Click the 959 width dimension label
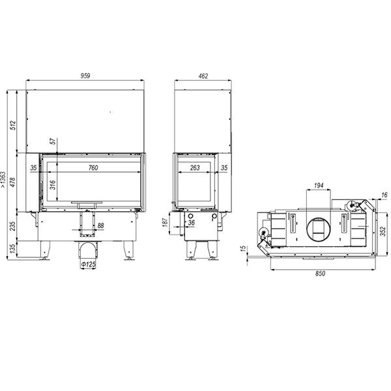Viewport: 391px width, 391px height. pyautogui.click(x=85, y=76)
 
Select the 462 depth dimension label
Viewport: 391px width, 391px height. pyautogui.click(x=203, y=76)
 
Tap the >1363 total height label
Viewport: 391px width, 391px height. pyautogui.click(x=3, y=180)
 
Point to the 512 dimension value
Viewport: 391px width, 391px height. pyautogui.click(x=13, y=125)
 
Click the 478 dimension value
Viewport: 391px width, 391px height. pyautogui.click(x=13, y=182)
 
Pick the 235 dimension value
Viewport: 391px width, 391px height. pyautogui.click(x=13, y=226)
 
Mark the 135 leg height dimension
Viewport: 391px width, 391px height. pyautogui.click(x=13, y=248)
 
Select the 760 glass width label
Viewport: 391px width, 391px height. pyautogui.click(x=93, y=167)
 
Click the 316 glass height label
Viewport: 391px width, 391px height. pyautogui.click(x=53, y=185)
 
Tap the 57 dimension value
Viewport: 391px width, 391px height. pyautogui.click(x=53, y=141)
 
